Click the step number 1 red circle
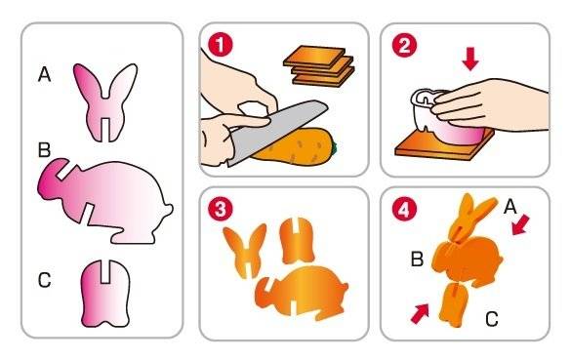(220, 45)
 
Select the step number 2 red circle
(404, 45)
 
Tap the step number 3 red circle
(220, 209)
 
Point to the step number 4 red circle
(404, 210)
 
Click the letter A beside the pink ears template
(44, 75)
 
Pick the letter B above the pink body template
(44, 149)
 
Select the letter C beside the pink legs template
(44, 280)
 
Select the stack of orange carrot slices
(318, 66)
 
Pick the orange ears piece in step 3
(246, 251)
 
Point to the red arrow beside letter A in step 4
(520, 224)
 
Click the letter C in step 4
(492, 319)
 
